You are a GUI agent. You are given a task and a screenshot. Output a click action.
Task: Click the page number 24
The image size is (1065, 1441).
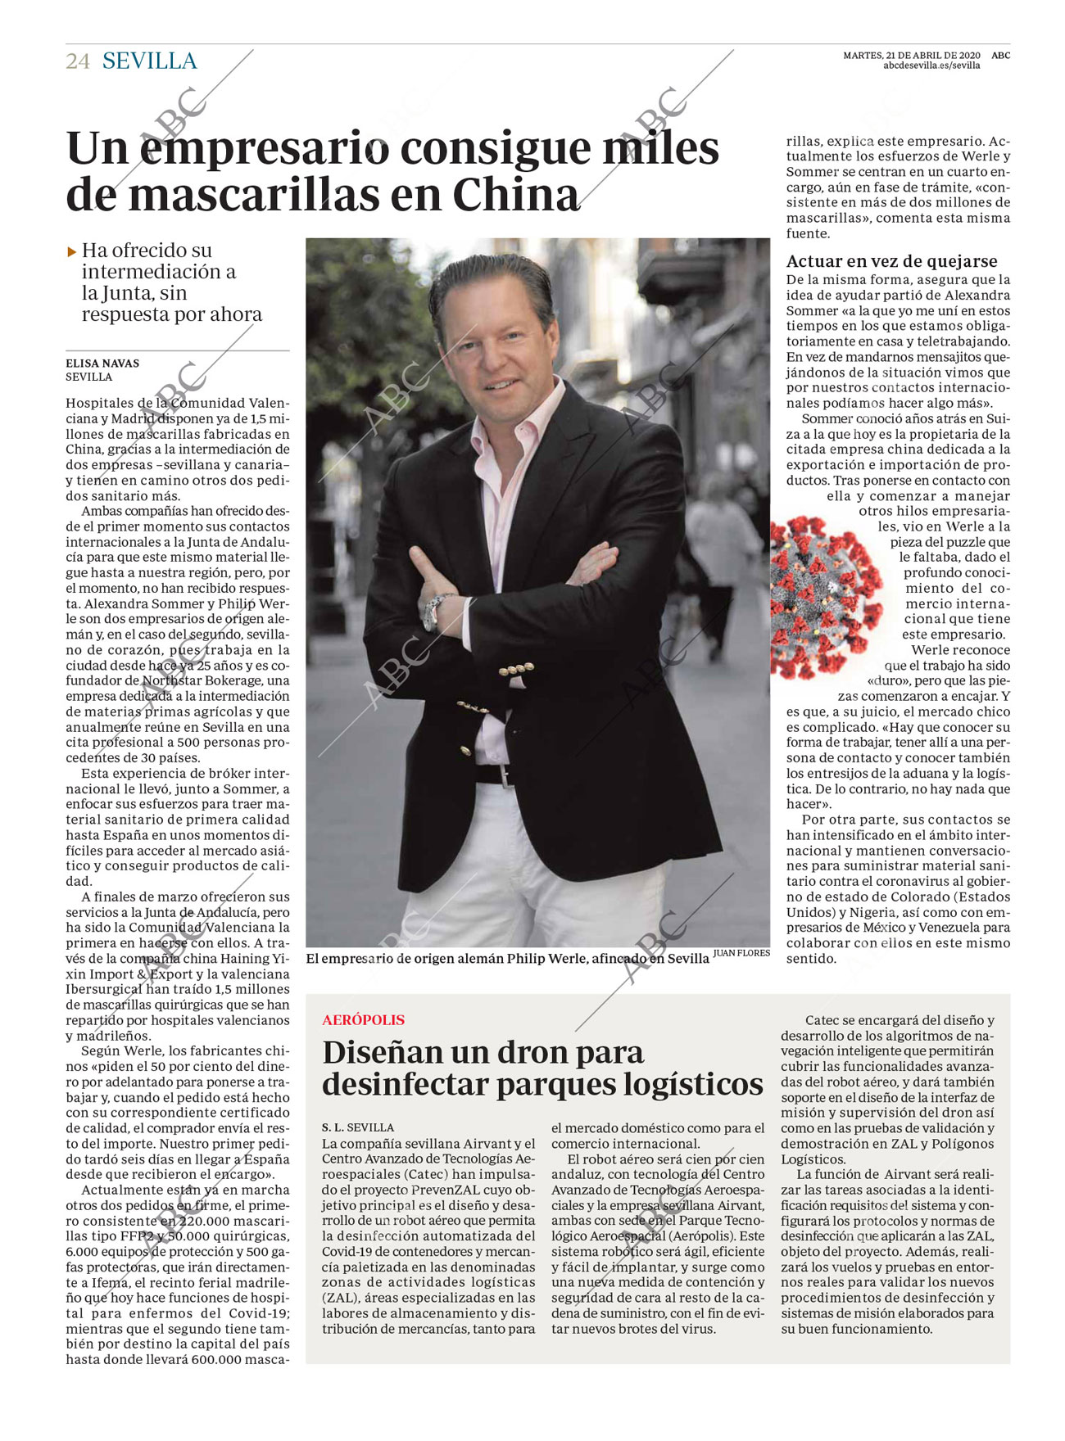[x=77, y=61]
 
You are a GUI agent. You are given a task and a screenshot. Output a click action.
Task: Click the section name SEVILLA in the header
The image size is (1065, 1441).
[x=150, y=61]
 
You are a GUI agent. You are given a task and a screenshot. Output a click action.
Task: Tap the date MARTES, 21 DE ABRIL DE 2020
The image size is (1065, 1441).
[x=911, y=56]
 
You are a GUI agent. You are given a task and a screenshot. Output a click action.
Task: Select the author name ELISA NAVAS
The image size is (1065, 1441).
[x=102, y=364]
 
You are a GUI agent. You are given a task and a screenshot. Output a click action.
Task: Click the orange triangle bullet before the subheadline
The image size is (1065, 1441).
[x=72, y=252]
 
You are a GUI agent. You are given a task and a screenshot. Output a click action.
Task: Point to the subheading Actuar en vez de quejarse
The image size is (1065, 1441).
[x=891, y=261]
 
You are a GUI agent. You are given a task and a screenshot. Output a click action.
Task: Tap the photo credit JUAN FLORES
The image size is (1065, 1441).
[x=741, y=953]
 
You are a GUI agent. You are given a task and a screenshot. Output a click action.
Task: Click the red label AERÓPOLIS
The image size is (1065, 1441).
[x=363, y=1020]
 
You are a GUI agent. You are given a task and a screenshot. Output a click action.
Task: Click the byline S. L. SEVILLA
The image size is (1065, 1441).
[x=357, y=1127]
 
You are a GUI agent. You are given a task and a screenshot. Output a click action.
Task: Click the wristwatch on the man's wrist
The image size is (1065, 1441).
[x=435, y=610]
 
